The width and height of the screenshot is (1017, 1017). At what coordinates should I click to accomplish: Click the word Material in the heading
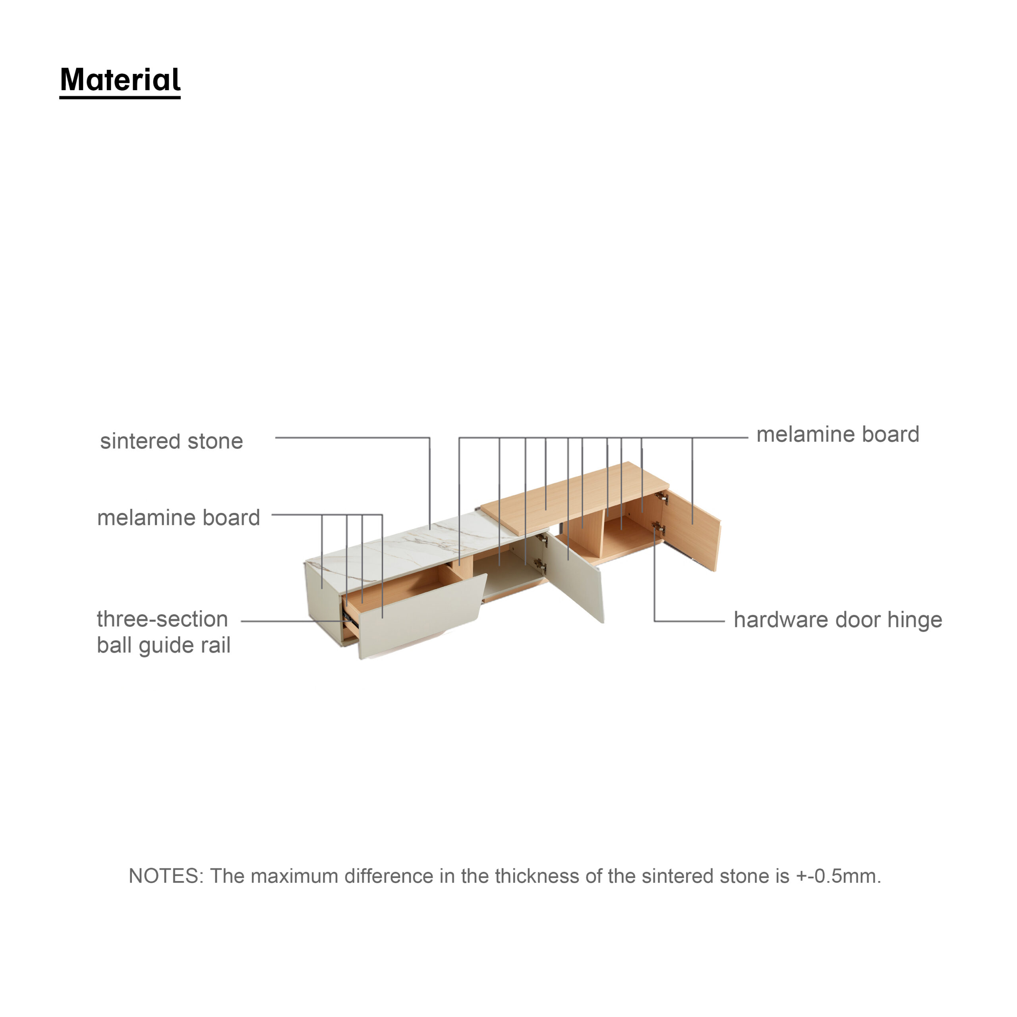point(120,80)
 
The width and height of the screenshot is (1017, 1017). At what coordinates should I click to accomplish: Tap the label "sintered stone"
point(172,441)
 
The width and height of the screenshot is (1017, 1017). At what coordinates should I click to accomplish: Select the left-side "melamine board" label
point(178,518)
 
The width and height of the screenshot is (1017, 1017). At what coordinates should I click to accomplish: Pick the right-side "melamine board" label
point(837,434)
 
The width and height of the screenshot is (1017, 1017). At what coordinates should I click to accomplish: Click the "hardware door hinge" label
point(837,620)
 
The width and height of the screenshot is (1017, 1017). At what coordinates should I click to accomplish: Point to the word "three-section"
point(162,619)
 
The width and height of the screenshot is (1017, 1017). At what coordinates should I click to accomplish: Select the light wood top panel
point(574,497)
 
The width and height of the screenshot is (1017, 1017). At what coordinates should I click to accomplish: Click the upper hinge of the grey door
point(542,539)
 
